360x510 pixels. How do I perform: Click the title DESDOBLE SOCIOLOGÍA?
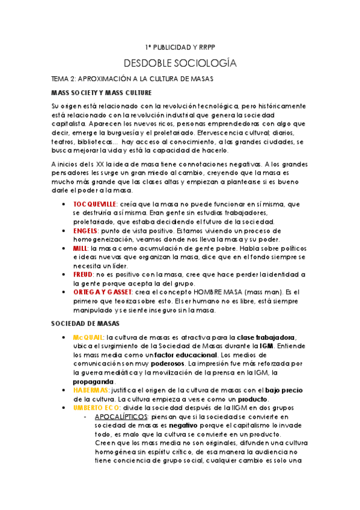[180, 63]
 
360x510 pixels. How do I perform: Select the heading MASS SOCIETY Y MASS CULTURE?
[101, 93]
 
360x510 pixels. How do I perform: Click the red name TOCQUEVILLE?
[94, 204]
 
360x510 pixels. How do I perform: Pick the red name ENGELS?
[85, 230]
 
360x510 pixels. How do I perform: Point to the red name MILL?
[79, 248]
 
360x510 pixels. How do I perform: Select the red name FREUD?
[84, 274]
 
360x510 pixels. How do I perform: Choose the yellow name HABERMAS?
[92, 390]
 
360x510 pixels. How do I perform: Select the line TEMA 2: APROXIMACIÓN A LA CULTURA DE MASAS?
[133, 79]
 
